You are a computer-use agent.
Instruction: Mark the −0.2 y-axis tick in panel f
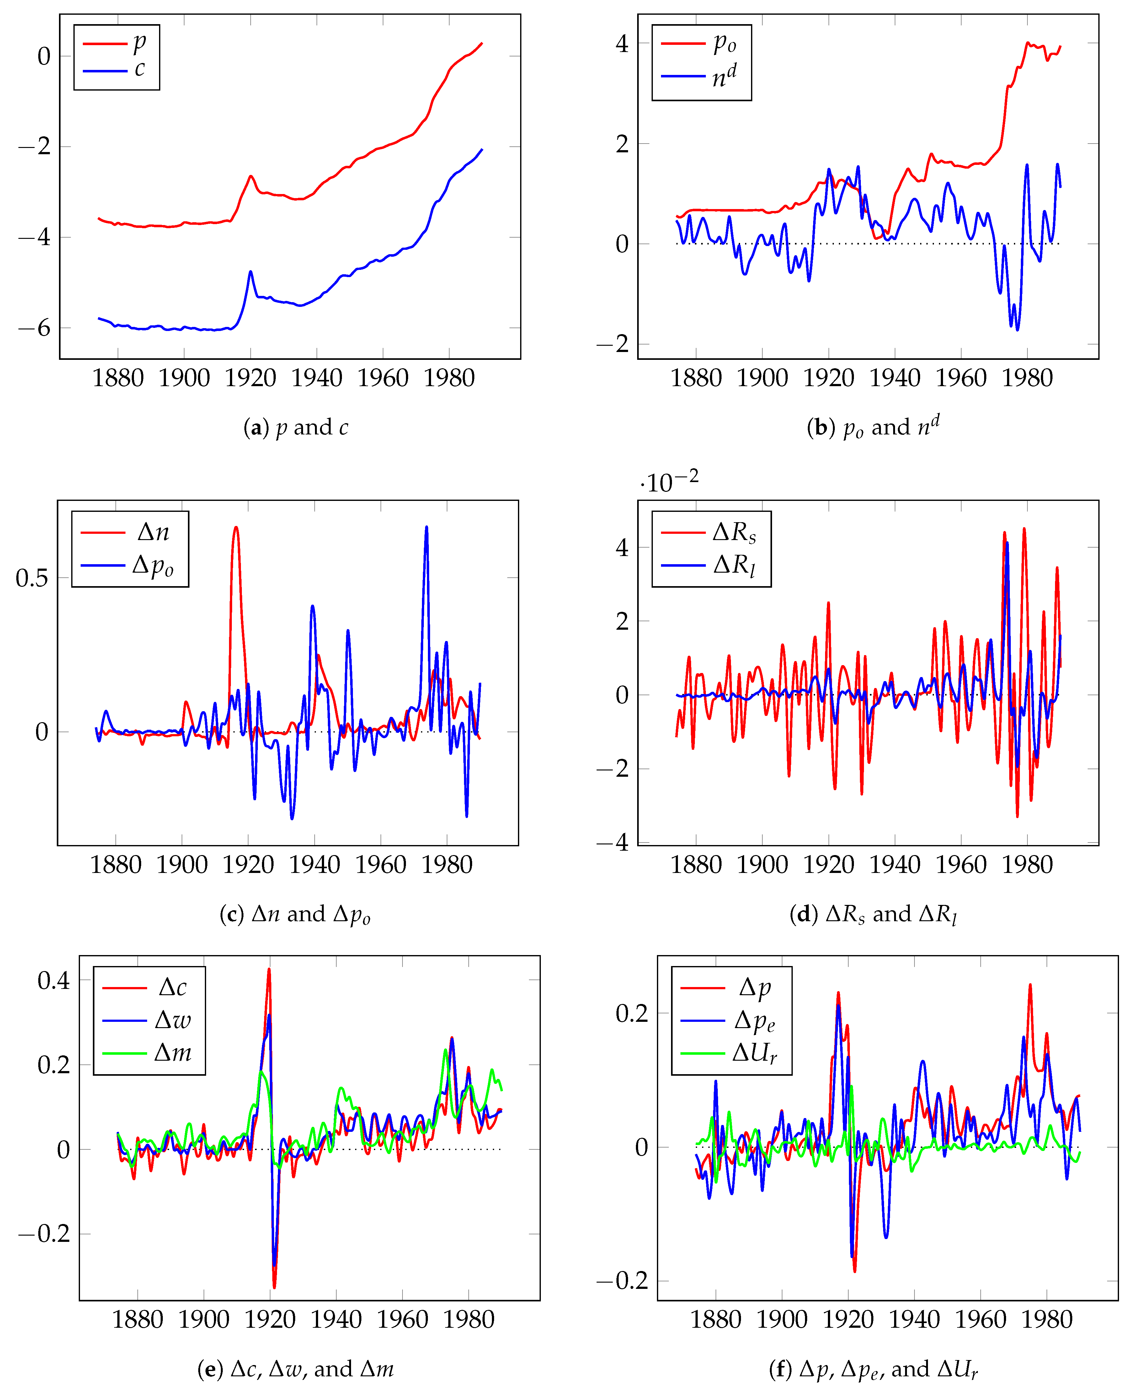click(x=622, y=1281)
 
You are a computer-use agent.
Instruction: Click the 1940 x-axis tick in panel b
click(x=894, y=378)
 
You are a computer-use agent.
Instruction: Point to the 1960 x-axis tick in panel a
click(x=383, y=378)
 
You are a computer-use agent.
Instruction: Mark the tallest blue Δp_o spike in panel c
click(x=426, y=527)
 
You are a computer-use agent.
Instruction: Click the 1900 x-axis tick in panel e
click(x=204, y=1320)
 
